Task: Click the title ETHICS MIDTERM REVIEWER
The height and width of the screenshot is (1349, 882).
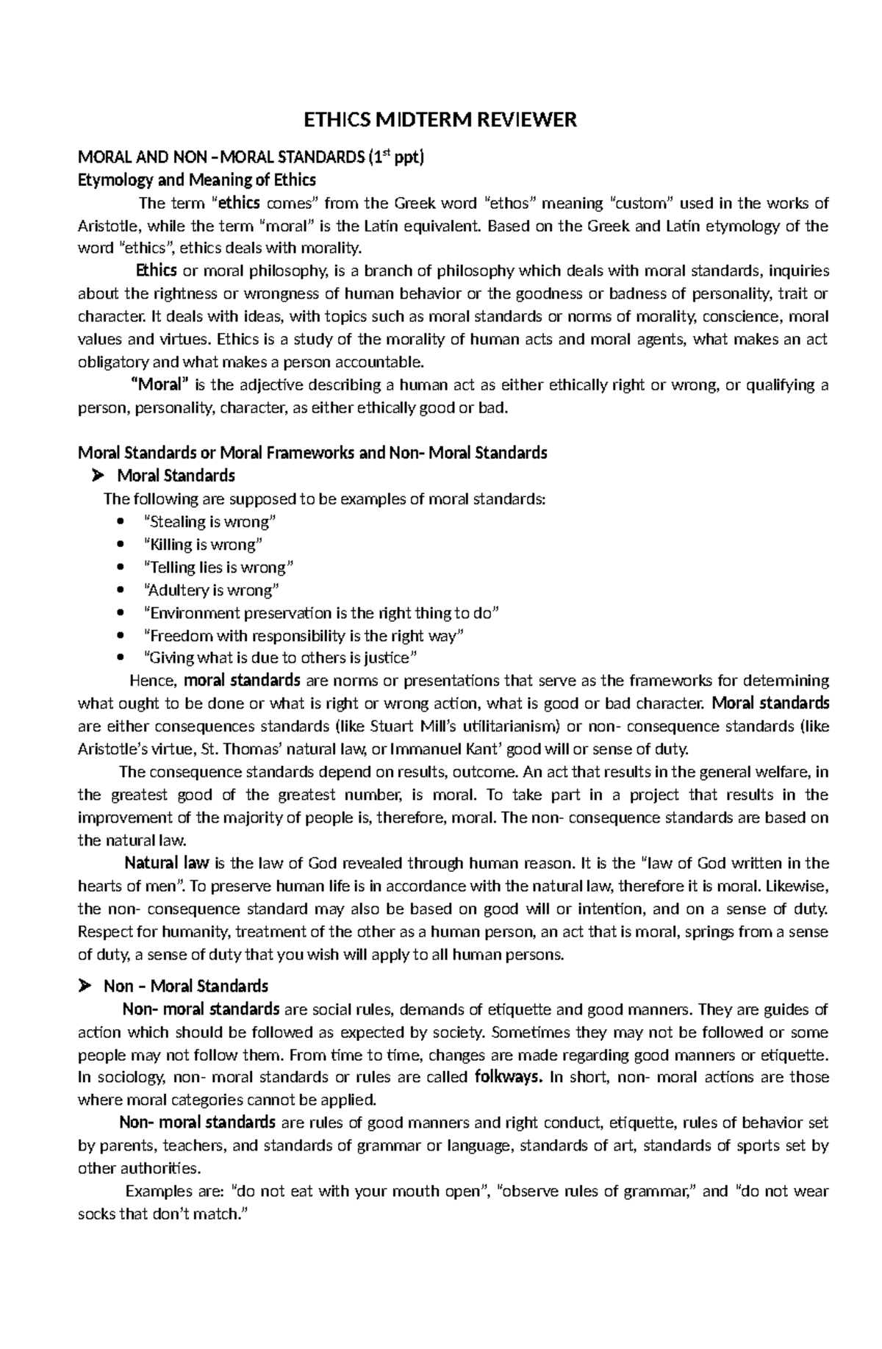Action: pyautogui.click(x=441, y=120)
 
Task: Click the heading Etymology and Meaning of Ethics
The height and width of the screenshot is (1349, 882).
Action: pyautogui.click(x=197, y=180)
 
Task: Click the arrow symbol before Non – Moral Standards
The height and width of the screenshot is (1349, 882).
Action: pyautogui.click(x=85, y=986)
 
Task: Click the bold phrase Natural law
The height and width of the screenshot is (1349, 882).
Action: pyautogui.click(x=167, y=863)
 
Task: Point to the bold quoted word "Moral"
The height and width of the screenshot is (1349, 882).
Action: pyautogui.click(x=159, y=384)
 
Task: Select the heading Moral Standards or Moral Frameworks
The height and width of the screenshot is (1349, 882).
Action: pyautogui.click(x=312, y=453)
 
